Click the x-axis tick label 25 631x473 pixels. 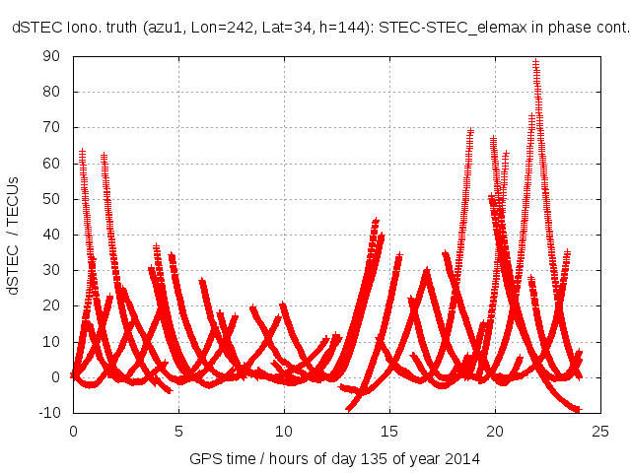(x=601, y=432)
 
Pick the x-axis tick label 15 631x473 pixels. (x=390, y=432)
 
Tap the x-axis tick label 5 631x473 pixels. (x=178, y=432)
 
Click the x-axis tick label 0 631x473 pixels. (x=73, y=432)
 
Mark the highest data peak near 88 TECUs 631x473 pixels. (x=535, y=62)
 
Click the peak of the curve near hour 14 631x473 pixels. (x=376, y=221)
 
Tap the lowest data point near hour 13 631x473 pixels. (x=348, y=407)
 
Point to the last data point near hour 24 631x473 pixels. (x=580, y=408)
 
